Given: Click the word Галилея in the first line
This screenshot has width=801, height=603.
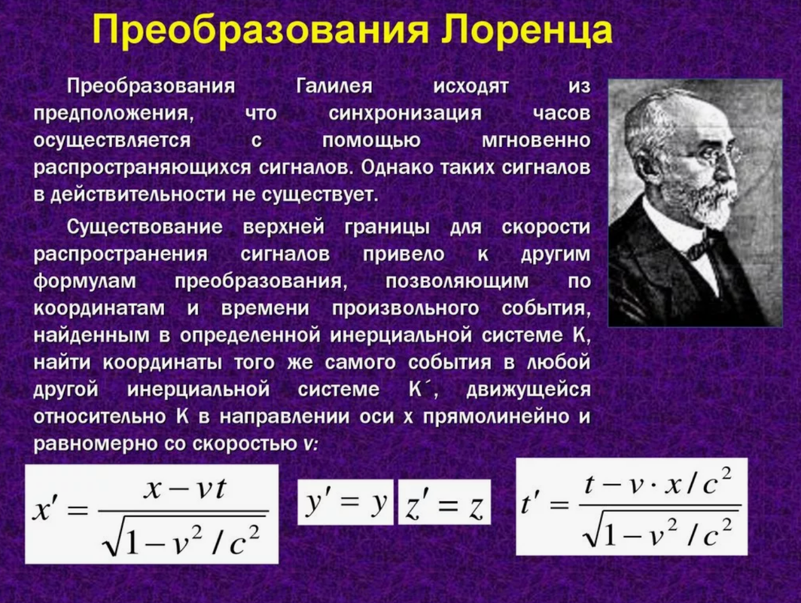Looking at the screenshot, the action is (334, 86).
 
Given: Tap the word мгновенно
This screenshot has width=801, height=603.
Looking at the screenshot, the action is (536, 140).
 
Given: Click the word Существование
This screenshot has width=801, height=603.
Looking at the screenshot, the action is (145, 227).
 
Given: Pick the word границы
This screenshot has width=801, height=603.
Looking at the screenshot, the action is (387, 228).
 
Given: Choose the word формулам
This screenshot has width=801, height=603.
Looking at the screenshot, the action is (85, 281).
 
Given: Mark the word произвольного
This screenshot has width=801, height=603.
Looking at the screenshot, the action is (406, 308).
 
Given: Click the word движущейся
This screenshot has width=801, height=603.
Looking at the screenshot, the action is (528, 390).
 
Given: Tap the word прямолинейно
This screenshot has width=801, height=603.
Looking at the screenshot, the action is (496, 417).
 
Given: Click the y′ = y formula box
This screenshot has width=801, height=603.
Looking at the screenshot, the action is (346, 502).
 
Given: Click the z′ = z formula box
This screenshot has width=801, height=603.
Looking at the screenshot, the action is (444, 502).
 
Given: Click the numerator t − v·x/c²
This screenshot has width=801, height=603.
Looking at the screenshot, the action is (658, 484).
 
